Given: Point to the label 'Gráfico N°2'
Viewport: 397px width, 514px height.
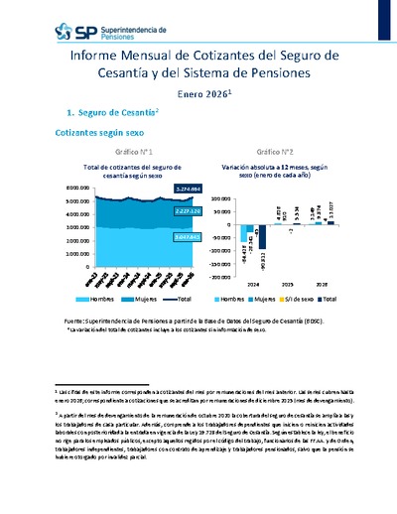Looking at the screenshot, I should (x=269, y=152).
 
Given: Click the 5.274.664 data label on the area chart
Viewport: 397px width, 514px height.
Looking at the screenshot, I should (x=161, y=188).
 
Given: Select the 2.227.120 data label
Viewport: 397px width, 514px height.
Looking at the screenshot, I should (x=161, y=210).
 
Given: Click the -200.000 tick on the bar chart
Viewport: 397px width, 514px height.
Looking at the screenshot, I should (x=222, y=279).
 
